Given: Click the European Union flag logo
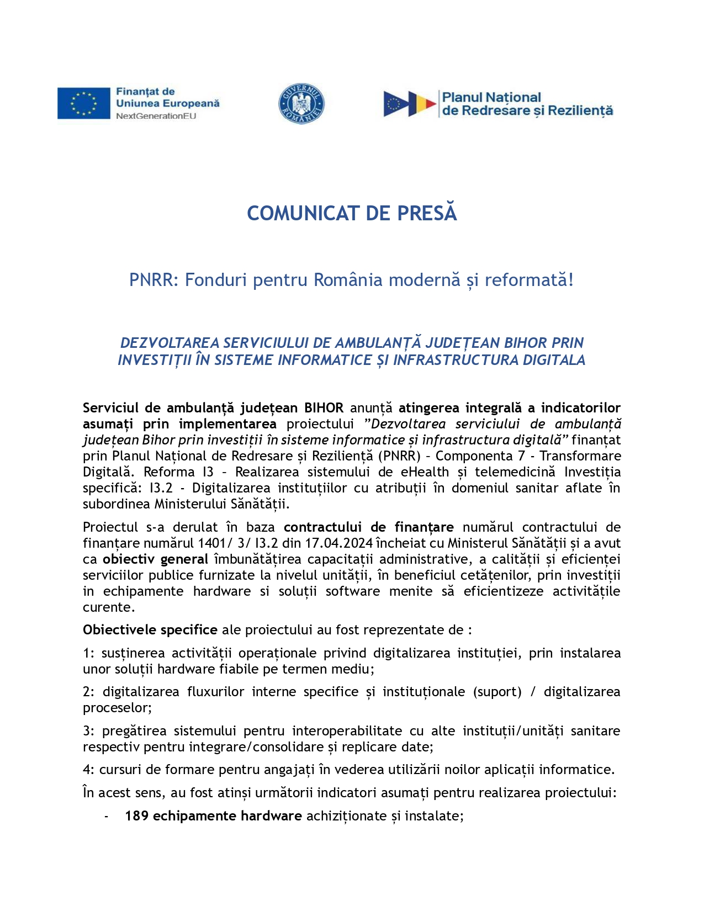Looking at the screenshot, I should [83, 103].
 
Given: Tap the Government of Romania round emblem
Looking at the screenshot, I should [301, 104].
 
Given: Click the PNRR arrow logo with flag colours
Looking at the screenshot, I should [409, 104].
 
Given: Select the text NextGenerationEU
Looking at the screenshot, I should [156, 116].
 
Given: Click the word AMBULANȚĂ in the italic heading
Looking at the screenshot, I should [378, 343].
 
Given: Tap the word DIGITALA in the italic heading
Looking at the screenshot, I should [554, 360].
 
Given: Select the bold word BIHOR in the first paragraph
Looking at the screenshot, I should [324, 408].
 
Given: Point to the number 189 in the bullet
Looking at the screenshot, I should [136, 816].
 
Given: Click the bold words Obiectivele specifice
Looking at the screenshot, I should [150, 630].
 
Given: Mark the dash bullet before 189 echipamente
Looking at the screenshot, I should [107, 817].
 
